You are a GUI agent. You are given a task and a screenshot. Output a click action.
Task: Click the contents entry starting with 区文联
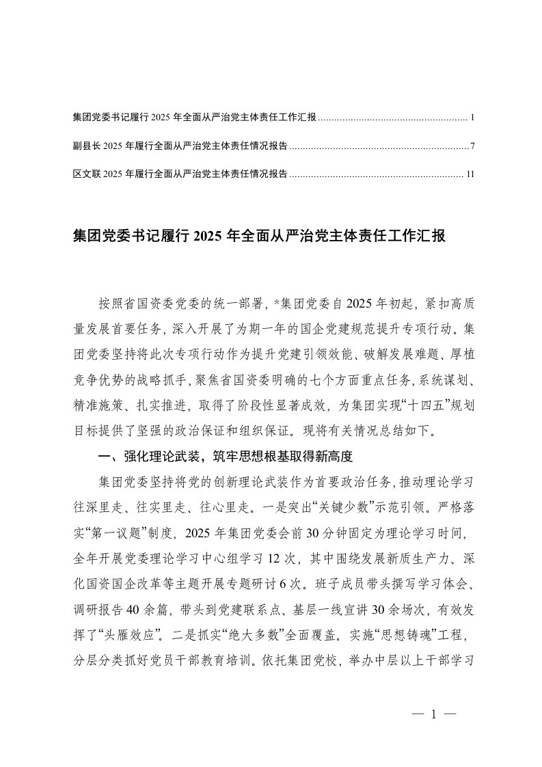point(180,174)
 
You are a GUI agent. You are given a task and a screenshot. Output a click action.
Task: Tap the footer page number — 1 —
point(433,713)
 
